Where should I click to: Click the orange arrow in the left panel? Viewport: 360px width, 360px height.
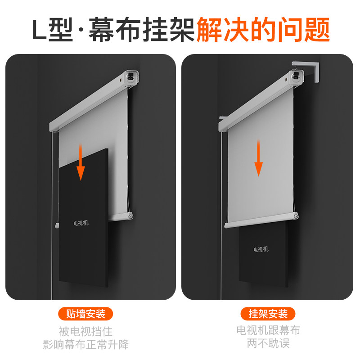click(81, 162)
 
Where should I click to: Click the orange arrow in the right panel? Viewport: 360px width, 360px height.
click(258, 158)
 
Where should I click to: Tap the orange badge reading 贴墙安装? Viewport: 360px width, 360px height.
click(85, 314)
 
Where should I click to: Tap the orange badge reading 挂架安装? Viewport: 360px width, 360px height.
click(268, 314)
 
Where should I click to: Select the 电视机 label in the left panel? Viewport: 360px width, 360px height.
click(81, 223)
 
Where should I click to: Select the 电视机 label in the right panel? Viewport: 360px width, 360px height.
click(261, 249)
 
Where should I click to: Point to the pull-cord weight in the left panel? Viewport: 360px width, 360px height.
click(57, 225)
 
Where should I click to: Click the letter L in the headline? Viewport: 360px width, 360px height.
click(39, 30)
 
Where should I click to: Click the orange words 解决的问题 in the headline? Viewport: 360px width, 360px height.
click(263, 30)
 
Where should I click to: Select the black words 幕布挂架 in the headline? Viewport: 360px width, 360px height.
click(142, 30)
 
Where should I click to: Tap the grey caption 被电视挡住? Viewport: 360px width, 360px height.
click(85, 332)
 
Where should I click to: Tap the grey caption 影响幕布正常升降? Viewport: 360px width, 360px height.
click(85, 344)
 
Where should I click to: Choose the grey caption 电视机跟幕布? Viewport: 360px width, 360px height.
click(268, 330)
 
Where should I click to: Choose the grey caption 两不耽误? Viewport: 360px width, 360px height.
click(268, 343)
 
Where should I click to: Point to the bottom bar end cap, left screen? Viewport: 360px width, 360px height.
click(130, 216)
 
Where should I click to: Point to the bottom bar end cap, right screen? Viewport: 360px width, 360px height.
click(296, 216)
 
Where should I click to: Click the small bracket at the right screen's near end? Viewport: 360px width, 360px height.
click(222, 119)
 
